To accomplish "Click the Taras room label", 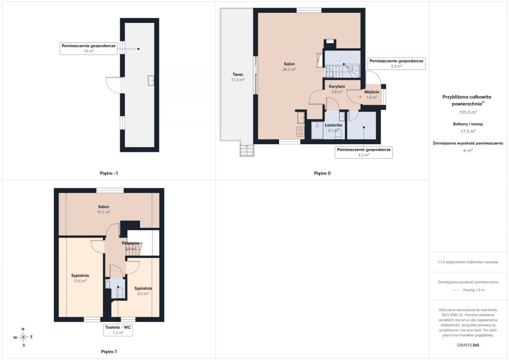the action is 238,74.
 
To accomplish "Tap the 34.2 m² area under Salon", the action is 289,69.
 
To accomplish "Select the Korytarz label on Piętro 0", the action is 337,87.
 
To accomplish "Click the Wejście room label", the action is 372,92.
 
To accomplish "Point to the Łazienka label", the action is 333,125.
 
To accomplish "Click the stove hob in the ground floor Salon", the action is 300,131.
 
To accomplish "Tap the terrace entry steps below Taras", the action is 247,151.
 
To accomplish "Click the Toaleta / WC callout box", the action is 118,330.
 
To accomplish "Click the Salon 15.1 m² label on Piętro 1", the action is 103,209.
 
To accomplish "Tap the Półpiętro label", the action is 131,243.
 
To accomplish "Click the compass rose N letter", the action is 23,329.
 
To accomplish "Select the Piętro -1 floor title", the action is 109,173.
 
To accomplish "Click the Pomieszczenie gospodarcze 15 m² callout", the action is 89,48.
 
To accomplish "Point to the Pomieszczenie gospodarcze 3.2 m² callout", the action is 364,152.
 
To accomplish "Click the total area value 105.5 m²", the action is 468,112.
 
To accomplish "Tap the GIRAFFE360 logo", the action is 468,345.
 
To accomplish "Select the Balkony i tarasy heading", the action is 468,124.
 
